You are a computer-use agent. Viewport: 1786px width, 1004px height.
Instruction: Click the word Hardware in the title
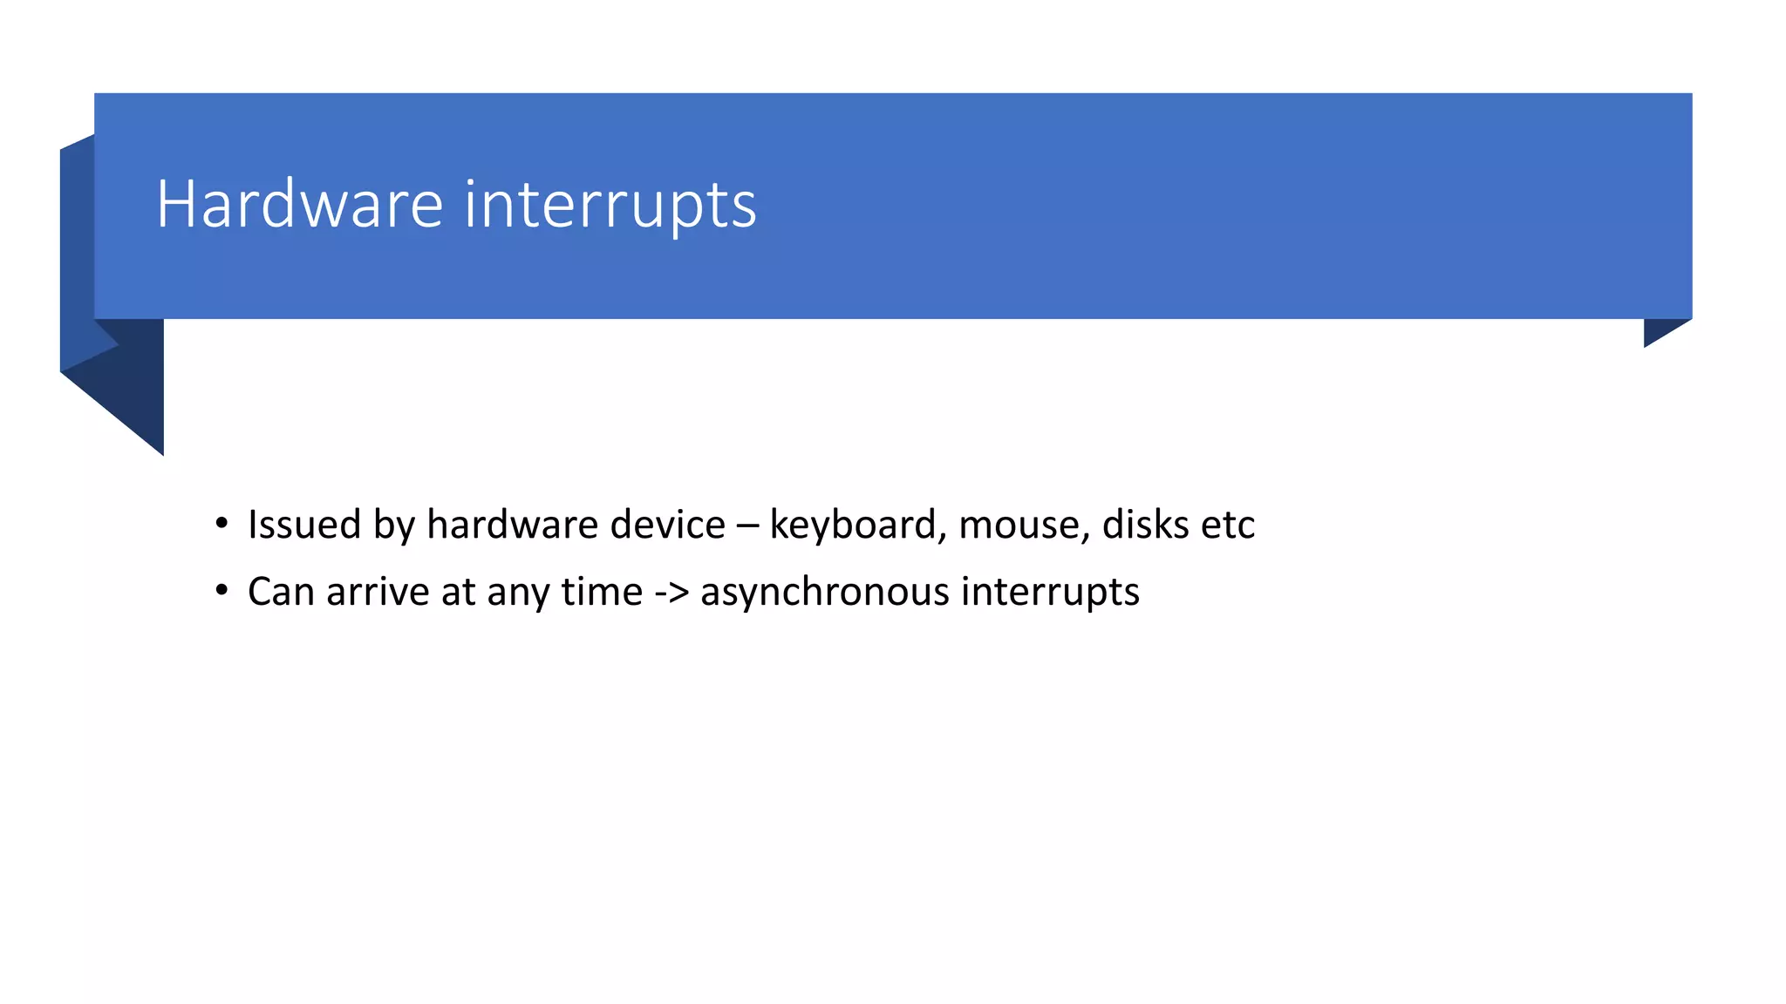pyautogui.click(x=300, y=204)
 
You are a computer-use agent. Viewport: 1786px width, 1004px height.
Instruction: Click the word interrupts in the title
pyautogui.click(x=610, y=206)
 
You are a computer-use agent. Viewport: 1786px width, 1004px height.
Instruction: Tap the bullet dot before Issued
pyautogui.click(x=222, y=524)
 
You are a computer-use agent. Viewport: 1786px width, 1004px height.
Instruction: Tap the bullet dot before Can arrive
pyautogui.click(x=222, y=591)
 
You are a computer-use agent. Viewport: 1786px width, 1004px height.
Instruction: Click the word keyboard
pyautogui.click(x=852, y=525)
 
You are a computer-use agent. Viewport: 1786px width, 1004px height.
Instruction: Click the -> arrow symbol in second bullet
pyautogui.click(x=671, y=592)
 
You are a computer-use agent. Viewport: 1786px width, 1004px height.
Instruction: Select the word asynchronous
pyautogui.click(x=824, y=592)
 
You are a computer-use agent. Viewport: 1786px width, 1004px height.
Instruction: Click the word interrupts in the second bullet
pyautogui.click(x=1050, y=592)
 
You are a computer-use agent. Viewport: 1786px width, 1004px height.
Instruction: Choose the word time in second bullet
pyautogui.click(x=601, y=592)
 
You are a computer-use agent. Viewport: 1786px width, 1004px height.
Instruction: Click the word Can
pyautogui.click(x=281, y=592)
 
